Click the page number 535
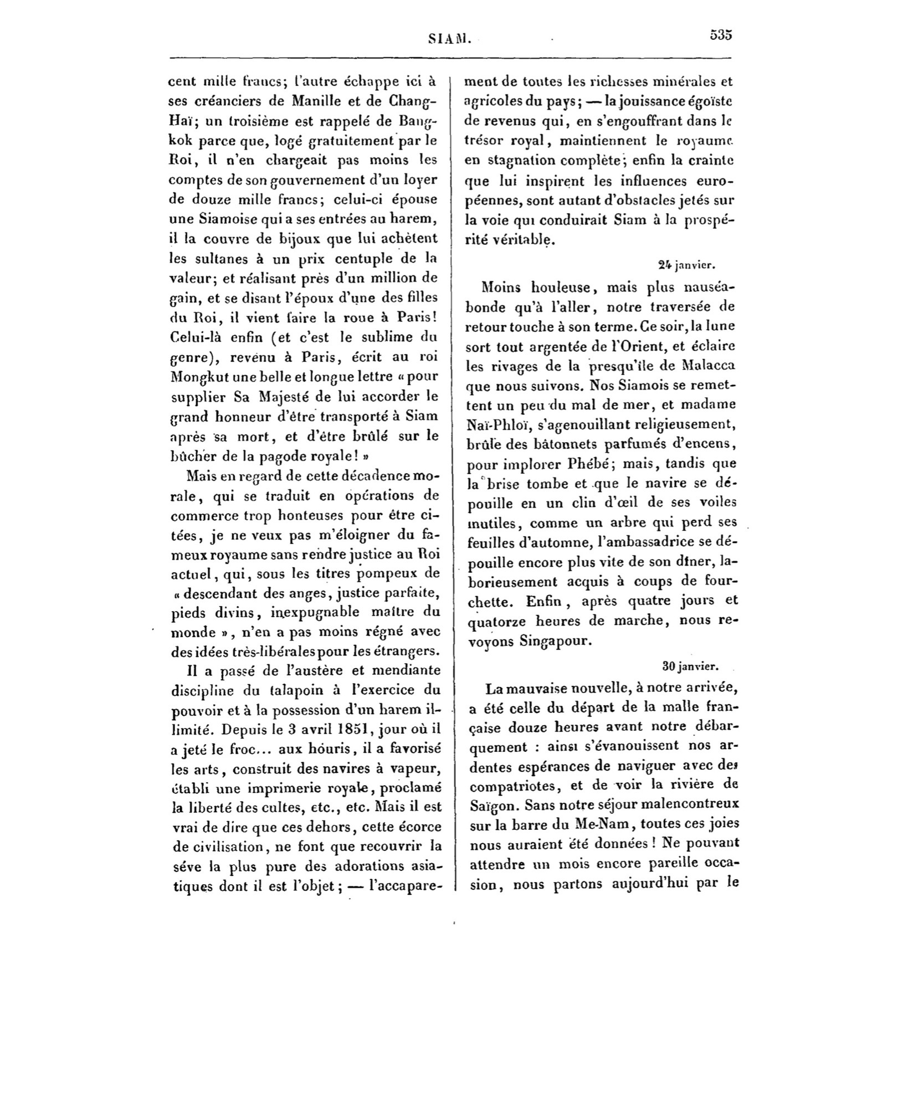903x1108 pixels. point(721,35)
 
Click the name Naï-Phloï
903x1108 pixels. point(494,424)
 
